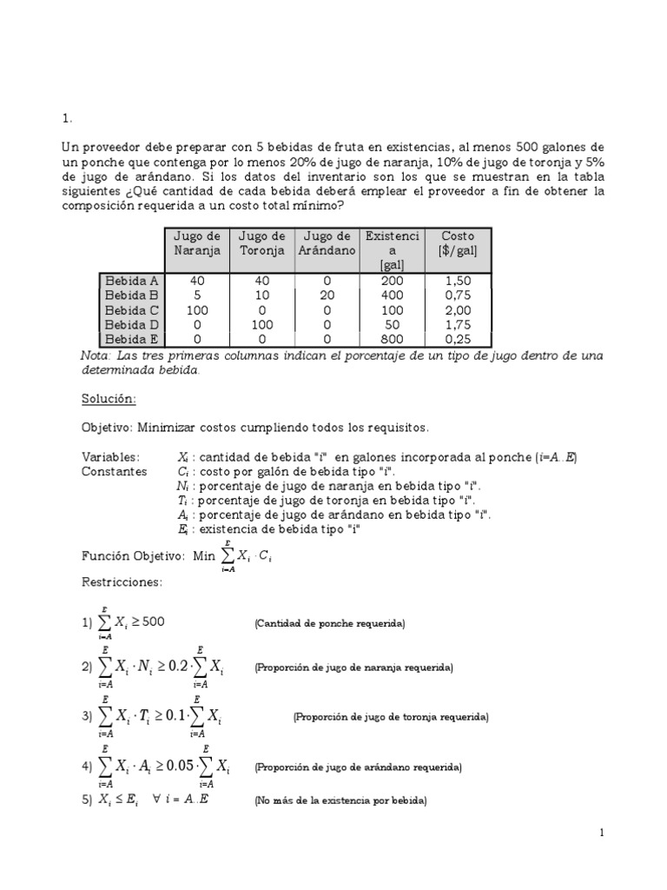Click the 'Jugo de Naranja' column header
(197, 243)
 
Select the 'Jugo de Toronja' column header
(261, 243)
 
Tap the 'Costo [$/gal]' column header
(458, 243)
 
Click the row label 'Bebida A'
(131, 281)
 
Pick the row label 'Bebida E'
(131, 340)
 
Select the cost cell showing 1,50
(458, 281)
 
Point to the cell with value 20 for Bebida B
(326, 296)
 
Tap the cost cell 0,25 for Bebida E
(458, 340)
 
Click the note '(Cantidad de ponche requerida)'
(329, 624)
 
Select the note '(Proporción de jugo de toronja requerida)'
(391, 717)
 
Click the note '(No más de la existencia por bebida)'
(340, 800)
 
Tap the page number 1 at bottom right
(601, 834)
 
